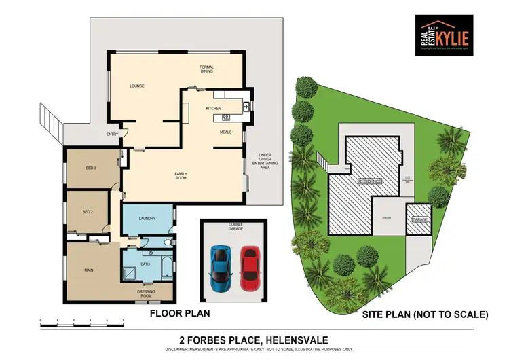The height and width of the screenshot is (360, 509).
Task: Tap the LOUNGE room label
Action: [138, 86]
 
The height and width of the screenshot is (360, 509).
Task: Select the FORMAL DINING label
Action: [207, 69]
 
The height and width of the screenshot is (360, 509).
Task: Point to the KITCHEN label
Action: [214, 109]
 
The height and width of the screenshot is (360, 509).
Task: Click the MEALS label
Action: [226, 132]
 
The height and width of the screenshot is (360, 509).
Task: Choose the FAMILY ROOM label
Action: [181, 175]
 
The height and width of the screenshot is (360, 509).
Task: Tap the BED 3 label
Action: [91, 168]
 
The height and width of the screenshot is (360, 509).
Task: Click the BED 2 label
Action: [87, 212]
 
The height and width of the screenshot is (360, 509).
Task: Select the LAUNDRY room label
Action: [147, 219]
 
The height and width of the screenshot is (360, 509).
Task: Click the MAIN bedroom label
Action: [88, 270]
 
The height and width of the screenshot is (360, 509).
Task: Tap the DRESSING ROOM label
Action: [147, 293]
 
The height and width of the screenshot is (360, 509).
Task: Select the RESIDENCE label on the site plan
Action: [371, 181]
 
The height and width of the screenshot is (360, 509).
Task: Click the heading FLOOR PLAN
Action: [179, 314]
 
